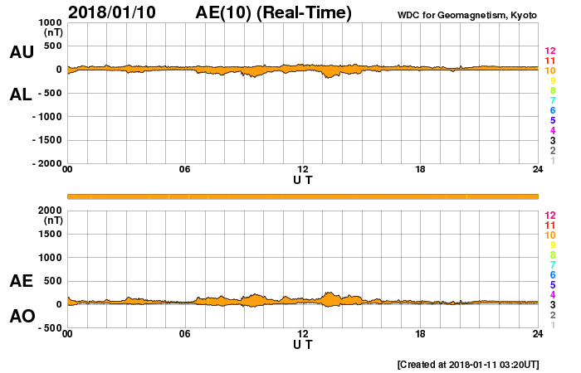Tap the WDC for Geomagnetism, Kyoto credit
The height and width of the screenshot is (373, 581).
click(468, 14)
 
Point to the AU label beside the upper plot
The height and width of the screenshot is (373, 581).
click(22, 52)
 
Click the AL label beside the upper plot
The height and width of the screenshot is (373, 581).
click(21, 94)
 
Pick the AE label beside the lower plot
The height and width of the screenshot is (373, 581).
click(22, 281)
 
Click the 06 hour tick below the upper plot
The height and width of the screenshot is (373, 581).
click(185, 170)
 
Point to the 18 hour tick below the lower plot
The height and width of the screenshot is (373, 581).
click(420, 334)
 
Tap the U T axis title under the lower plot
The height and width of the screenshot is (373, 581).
click(303, 344)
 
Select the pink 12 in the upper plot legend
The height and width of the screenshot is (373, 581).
click(549, 51)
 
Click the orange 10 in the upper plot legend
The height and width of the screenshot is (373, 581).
click(549, 70)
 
